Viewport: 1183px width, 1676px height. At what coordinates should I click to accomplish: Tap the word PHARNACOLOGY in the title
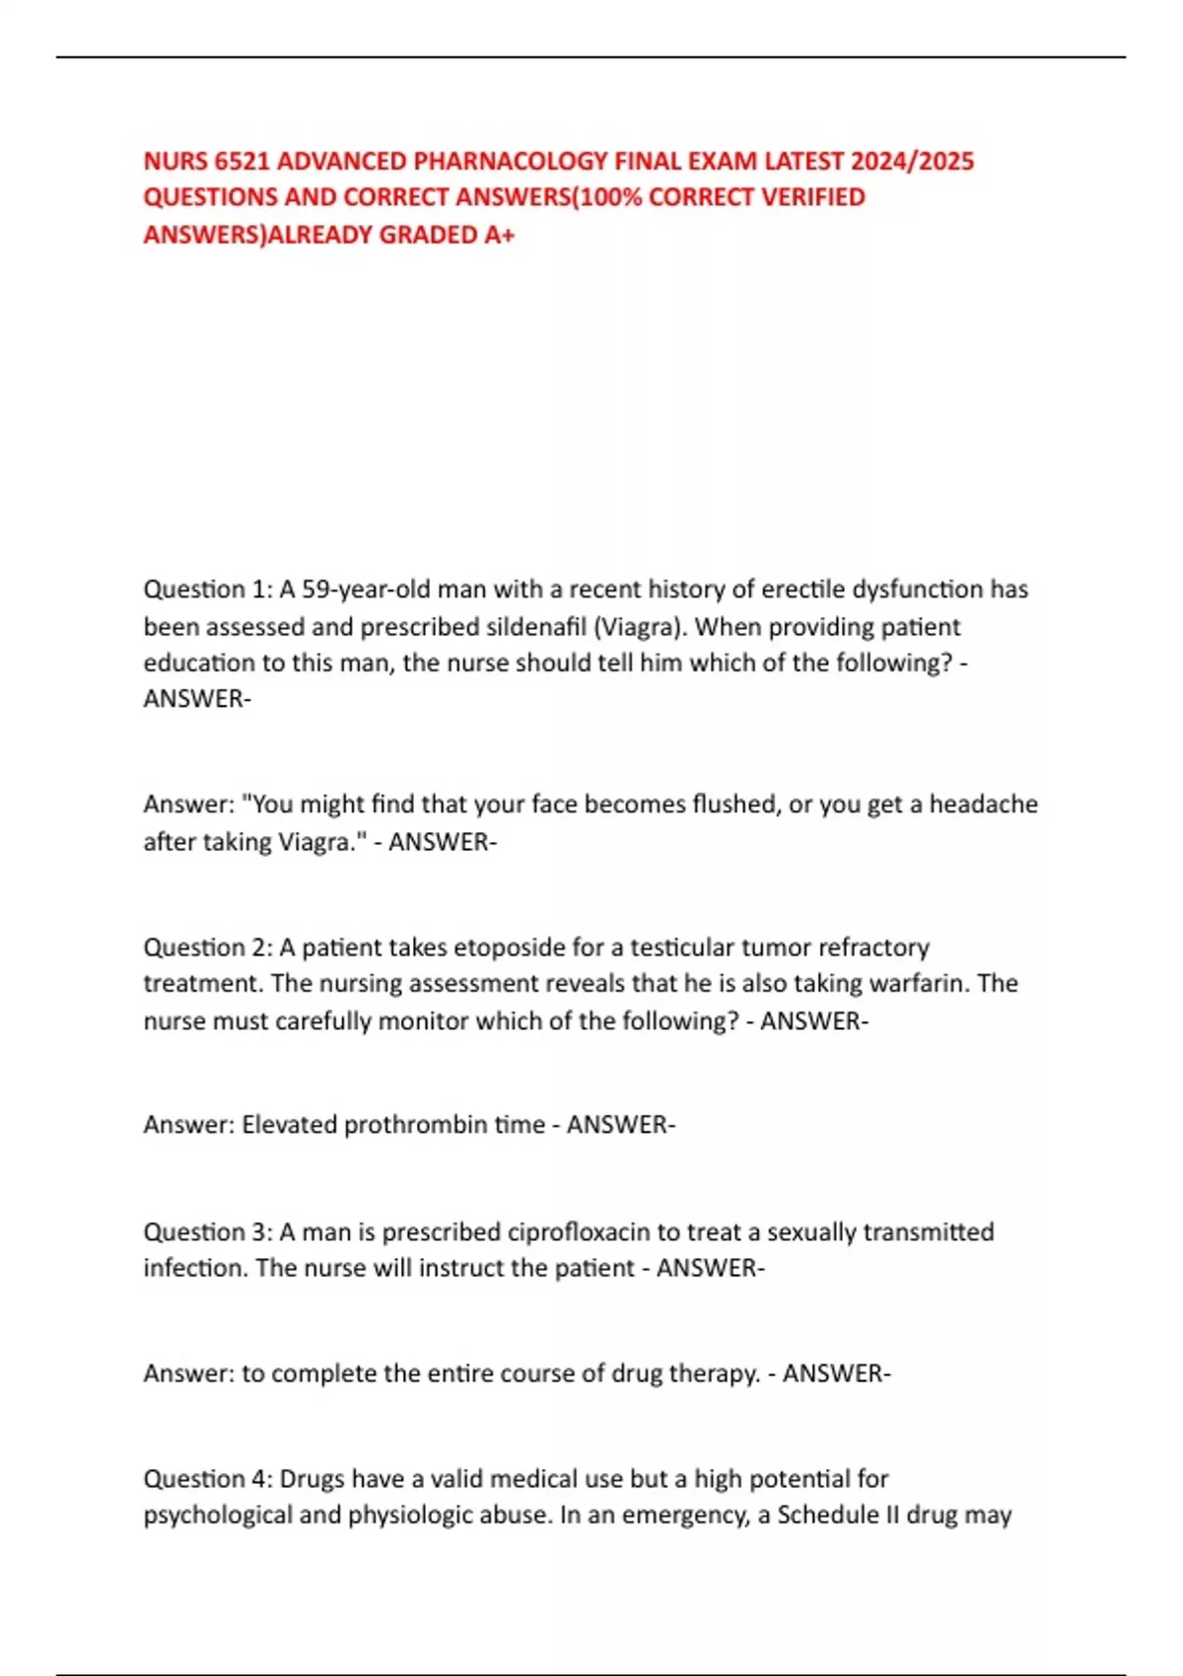point(510,161)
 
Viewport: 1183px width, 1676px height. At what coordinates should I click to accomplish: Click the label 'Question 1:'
point(208,590)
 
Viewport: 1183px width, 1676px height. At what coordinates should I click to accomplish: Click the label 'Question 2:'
point(208,947)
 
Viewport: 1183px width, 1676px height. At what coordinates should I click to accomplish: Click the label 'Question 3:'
point(208,1232)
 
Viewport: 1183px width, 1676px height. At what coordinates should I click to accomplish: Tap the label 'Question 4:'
point(208,1479)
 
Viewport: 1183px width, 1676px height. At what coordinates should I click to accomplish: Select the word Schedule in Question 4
point(826,1515)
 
